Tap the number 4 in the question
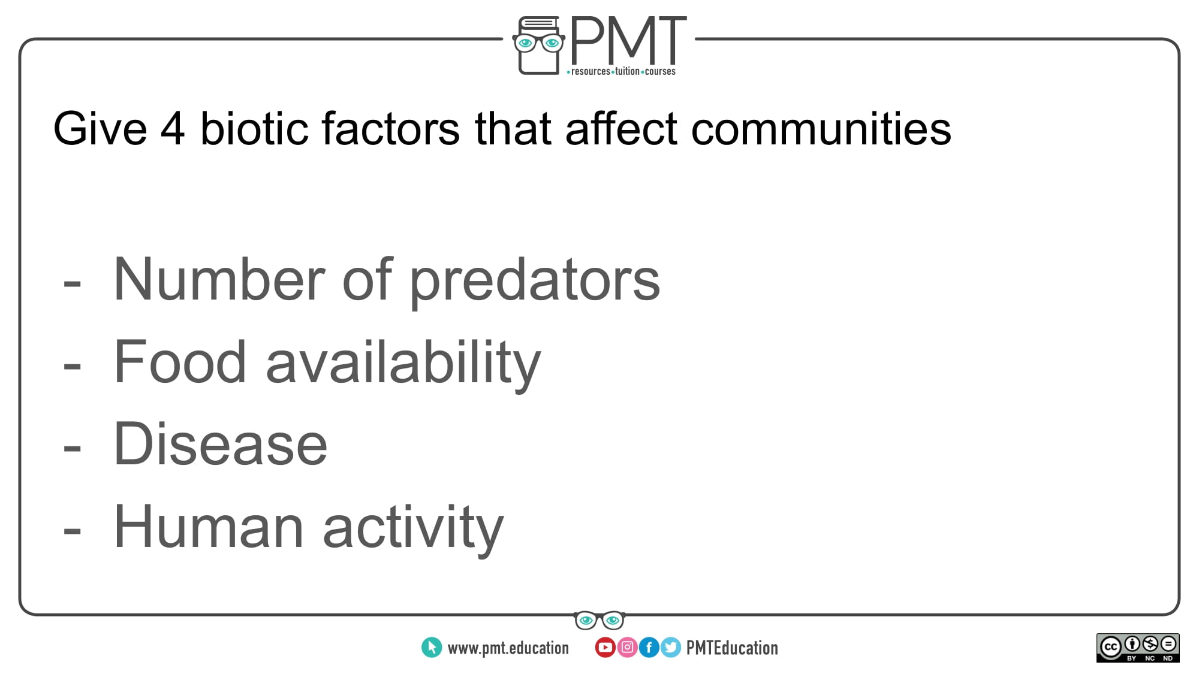pyautogui.click(x=172, y=129)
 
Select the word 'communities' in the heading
pyautogui.click(x=821, y=128)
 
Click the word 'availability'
pyautogui.click(x=403, y=364)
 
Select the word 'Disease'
pyautogui.click(x=221, y=444)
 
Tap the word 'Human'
pyautogui.click(x=209, y=527)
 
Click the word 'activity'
pyautogui.click(x=414, y=529)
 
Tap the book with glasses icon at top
pyautogui.click(x=538, y=46)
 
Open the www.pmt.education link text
pyautogui.click(x=508, y=648)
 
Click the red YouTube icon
pyautogui.click(x=605, y=647)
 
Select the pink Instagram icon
pyautogui.click(x=627, y=647)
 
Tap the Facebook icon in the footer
pyautogui.click(x=649, y=647)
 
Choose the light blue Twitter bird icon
pyautogui.click(x=671, y=647)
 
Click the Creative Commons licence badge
pyautogui.click(x=1138, y=648)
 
